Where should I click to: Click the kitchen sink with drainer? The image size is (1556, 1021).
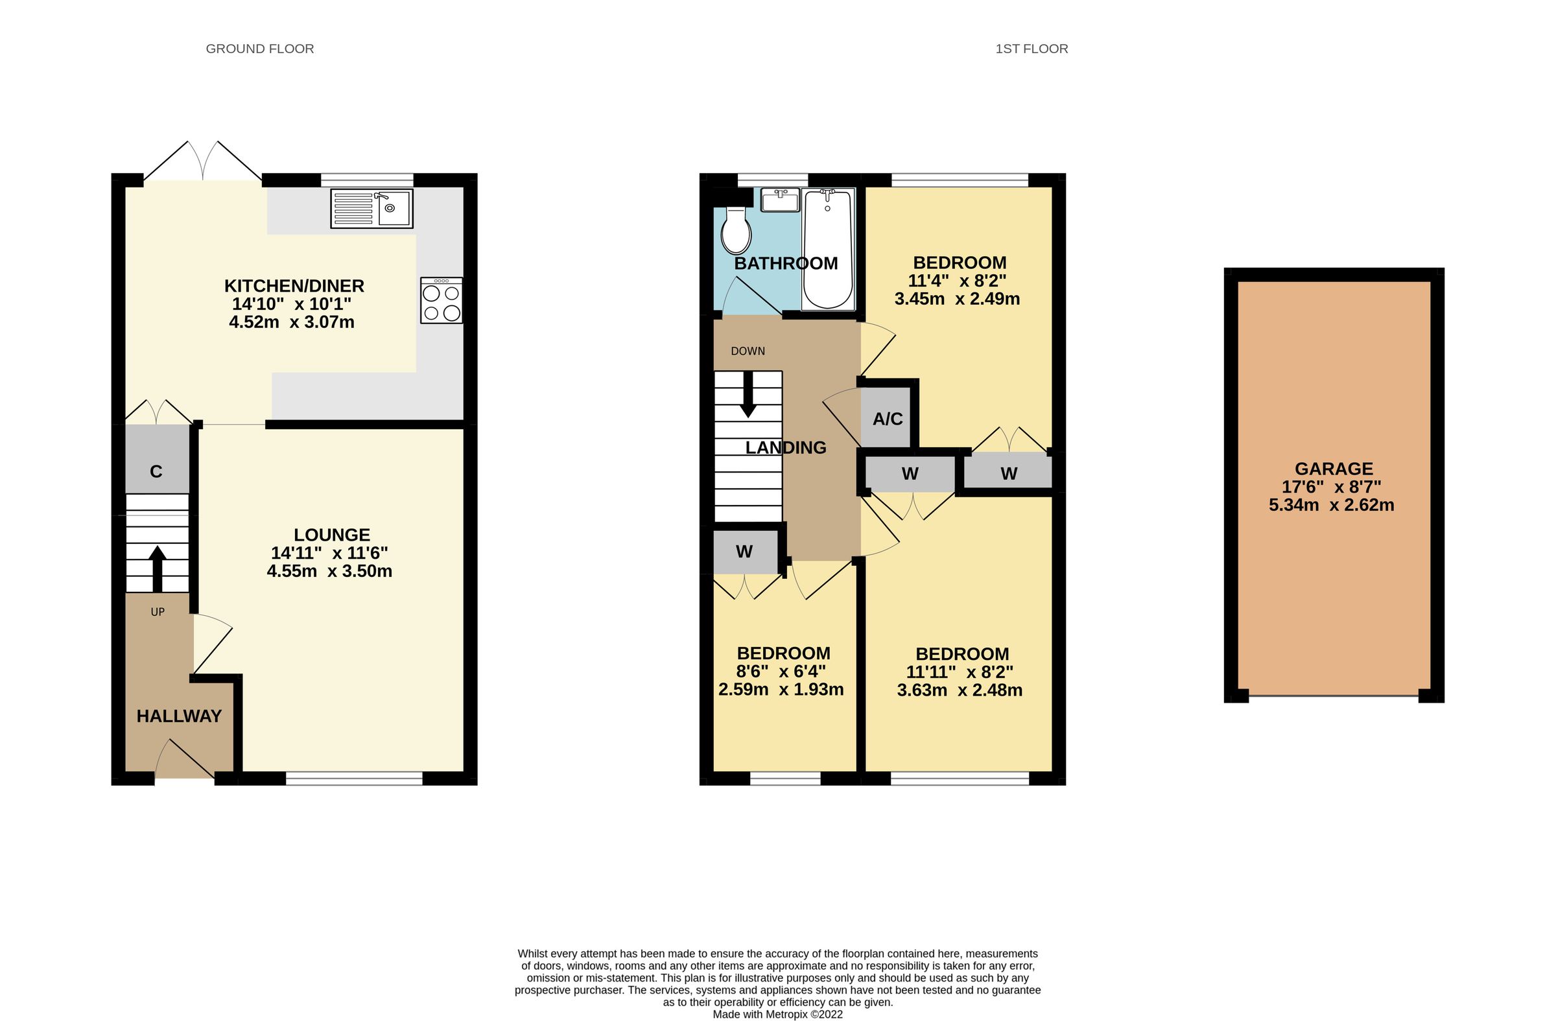371,209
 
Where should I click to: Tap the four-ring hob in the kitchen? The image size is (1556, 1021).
442,301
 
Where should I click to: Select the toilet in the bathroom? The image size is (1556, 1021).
736,231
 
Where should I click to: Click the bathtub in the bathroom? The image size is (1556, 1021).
827,248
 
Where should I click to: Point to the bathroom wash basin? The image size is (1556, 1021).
782,200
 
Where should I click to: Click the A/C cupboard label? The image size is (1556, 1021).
887,419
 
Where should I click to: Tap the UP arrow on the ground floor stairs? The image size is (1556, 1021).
157,568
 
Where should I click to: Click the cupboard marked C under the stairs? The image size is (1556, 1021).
156,471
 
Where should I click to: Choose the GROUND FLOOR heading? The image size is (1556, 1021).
259,49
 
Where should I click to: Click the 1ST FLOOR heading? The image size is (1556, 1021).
1031,49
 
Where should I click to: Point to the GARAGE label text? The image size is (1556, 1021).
1334,469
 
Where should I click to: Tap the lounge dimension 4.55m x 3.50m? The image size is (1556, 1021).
329,571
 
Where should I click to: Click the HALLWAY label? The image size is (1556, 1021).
179,716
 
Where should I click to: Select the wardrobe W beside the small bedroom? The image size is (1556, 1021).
744,552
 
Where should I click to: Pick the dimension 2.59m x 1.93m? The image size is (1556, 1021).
781,690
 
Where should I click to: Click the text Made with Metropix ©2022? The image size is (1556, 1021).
777,1015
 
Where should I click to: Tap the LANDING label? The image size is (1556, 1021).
786,448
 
